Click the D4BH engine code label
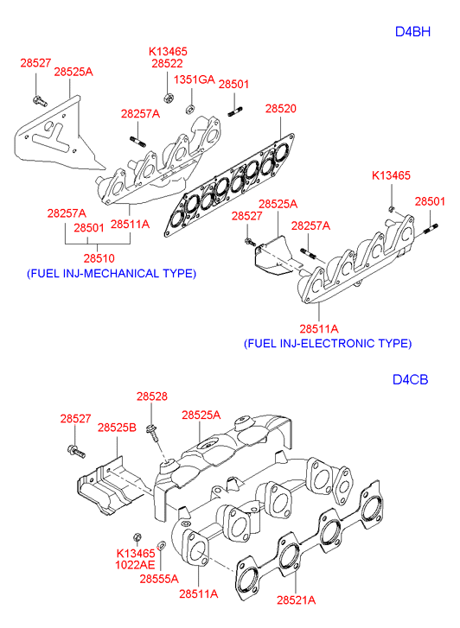coord(412,32)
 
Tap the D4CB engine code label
coord(410,379)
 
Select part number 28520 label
coord(281,109)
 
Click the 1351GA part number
coord(195,79)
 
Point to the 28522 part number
coord(167,63)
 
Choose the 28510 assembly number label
coord(99,258)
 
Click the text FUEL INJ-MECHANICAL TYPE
coord(112,274)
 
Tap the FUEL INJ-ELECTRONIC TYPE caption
coord(328,344)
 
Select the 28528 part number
coord(152,396)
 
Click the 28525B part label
coord(117,428)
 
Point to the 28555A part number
coord(159,579)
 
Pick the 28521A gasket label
coord(297,600)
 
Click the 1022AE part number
coord(135,565)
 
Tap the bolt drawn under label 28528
coord(153,432)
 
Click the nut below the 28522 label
coord(167,98)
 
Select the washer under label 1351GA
coord(189,108)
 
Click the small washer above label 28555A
coord(161,545)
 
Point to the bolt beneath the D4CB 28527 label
coord(76,452)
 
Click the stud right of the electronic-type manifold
coord(430,229)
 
